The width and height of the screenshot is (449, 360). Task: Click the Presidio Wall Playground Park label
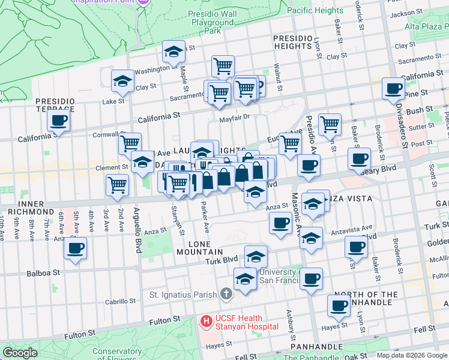pos(212,22)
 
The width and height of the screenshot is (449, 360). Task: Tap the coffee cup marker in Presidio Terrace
pos(58,120)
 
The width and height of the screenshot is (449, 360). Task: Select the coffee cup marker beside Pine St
pos(394,89)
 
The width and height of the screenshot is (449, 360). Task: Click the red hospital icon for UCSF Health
pos(206,322)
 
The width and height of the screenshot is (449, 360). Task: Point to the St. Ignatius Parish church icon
pos(226,294)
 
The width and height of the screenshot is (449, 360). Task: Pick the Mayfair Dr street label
pos(234,118)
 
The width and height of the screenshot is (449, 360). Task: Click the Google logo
pos(20,353)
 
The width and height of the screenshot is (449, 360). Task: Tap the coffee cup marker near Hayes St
pos(339,305)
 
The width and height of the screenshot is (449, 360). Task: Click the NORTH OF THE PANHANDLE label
pos(366,299)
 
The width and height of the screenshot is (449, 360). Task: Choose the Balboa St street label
pos(43,272)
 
